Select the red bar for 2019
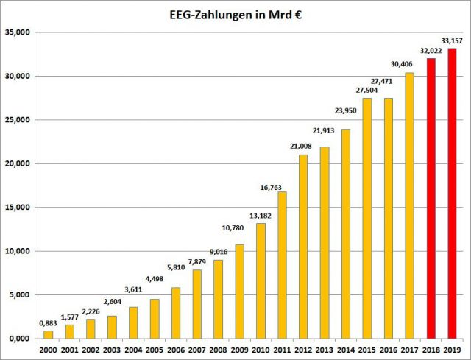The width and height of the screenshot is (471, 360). [x=452, y=193]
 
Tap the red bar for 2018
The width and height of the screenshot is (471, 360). [x=431, y=198]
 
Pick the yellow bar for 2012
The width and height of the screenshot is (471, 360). [x=302, y=246]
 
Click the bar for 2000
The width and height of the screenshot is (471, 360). [x=48, y=334]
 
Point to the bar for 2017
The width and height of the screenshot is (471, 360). [x=409, y=205]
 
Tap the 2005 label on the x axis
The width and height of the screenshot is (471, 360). [x=155, y=350]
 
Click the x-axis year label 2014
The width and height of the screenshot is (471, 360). [x=345, y=350]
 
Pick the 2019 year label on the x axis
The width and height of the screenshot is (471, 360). [x=452, y=350]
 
